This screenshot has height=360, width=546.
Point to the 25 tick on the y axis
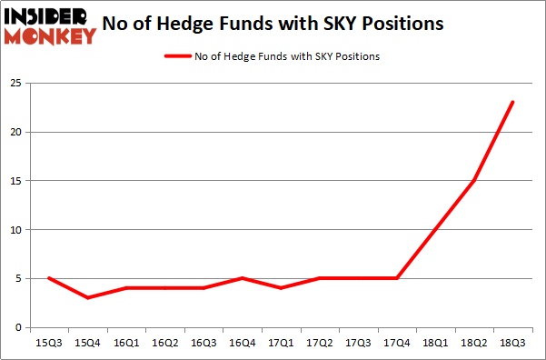pyautogui.click(x=15, y=84)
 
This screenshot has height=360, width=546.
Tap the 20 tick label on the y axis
pyautogui.click(x=15, y=133)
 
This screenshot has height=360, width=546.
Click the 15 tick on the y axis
pyautogui.click(x=15, y=181)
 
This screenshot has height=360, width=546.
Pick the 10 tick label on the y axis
pyautogui.click(x=15, y=230)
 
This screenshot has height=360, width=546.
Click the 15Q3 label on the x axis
pyautogui.click(x=48, y=344)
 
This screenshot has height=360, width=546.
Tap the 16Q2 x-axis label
pyautogui.click(x=164, y=344)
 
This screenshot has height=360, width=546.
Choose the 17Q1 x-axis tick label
pyautogui.click(x=280, y=344)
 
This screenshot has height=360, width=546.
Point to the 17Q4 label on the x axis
pyautogui.click(x=396, y=344)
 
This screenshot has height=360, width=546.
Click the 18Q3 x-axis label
pyautogui.click(x=512, y=344)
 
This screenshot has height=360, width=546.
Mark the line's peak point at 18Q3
pyautogui.click(x=512, y=102)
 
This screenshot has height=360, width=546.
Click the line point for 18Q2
pyautogui.click(x=473, y=181)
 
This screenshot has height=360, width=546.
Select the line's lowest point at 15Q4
pyautogui.click(x=87, y=297)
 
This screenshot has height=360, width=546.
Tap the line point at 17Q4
pyautogui.click(x=396, y=278)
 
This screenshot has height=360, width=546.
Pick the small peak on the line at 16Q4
pyautogui.click(x=242, y=278)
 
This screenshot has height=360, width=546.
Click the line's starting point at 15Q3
pyautogui.click(x=48, y=278)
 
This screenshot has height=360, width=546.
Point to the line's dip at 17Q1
pyautogui.click(x=280, y=288)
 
